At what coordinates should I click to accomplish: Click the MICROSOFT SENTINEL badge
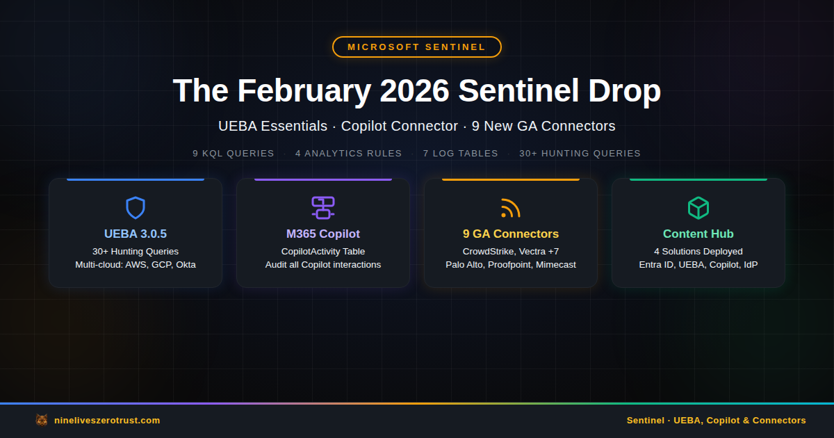(x=416, y=47)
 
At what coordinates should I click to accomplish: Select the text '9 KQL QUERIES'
(x=234, y=154)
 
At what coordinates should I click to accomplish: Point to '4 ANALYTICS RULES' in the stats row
(x=348, y=154)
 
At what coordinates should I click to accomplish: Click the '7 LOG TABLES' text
(x=460, y=154)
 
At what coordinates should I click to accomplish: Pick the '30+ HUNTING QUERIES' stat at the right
(x=580, y=154)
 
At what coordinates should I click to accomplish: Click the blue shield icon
(x=136, y=208)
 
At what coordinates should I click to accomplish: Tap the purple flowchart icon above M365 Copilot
(x=323, y=208)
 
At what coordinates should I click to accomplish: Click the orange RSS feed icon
(x=510, y=208)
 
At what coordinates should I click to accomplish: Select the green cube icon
(x=698, y=208)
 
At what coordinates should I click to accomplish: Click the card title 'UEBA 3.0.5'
(x=136, y=234)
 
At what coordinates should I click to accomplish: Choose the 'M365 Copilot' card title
(x=323, y=234)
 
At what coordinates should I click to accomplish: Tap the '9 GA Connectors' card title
(x=511, y=234)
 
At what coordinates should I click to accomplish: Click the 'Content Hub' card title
(x=698, y=234)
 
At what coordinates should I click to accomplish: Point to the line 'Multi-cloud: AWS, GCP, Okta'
(x=136, y=265)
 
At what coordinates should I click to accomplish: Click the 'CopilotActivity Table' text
(x=323, y=252)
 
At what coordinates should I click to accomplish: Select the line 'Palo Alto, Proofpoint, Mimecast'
(x=511, y=265)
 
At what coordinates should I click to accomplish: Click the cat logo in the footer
(x=42, y=420)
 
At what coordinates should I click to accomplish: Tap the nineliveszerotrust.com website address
(x=107, y=421)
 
